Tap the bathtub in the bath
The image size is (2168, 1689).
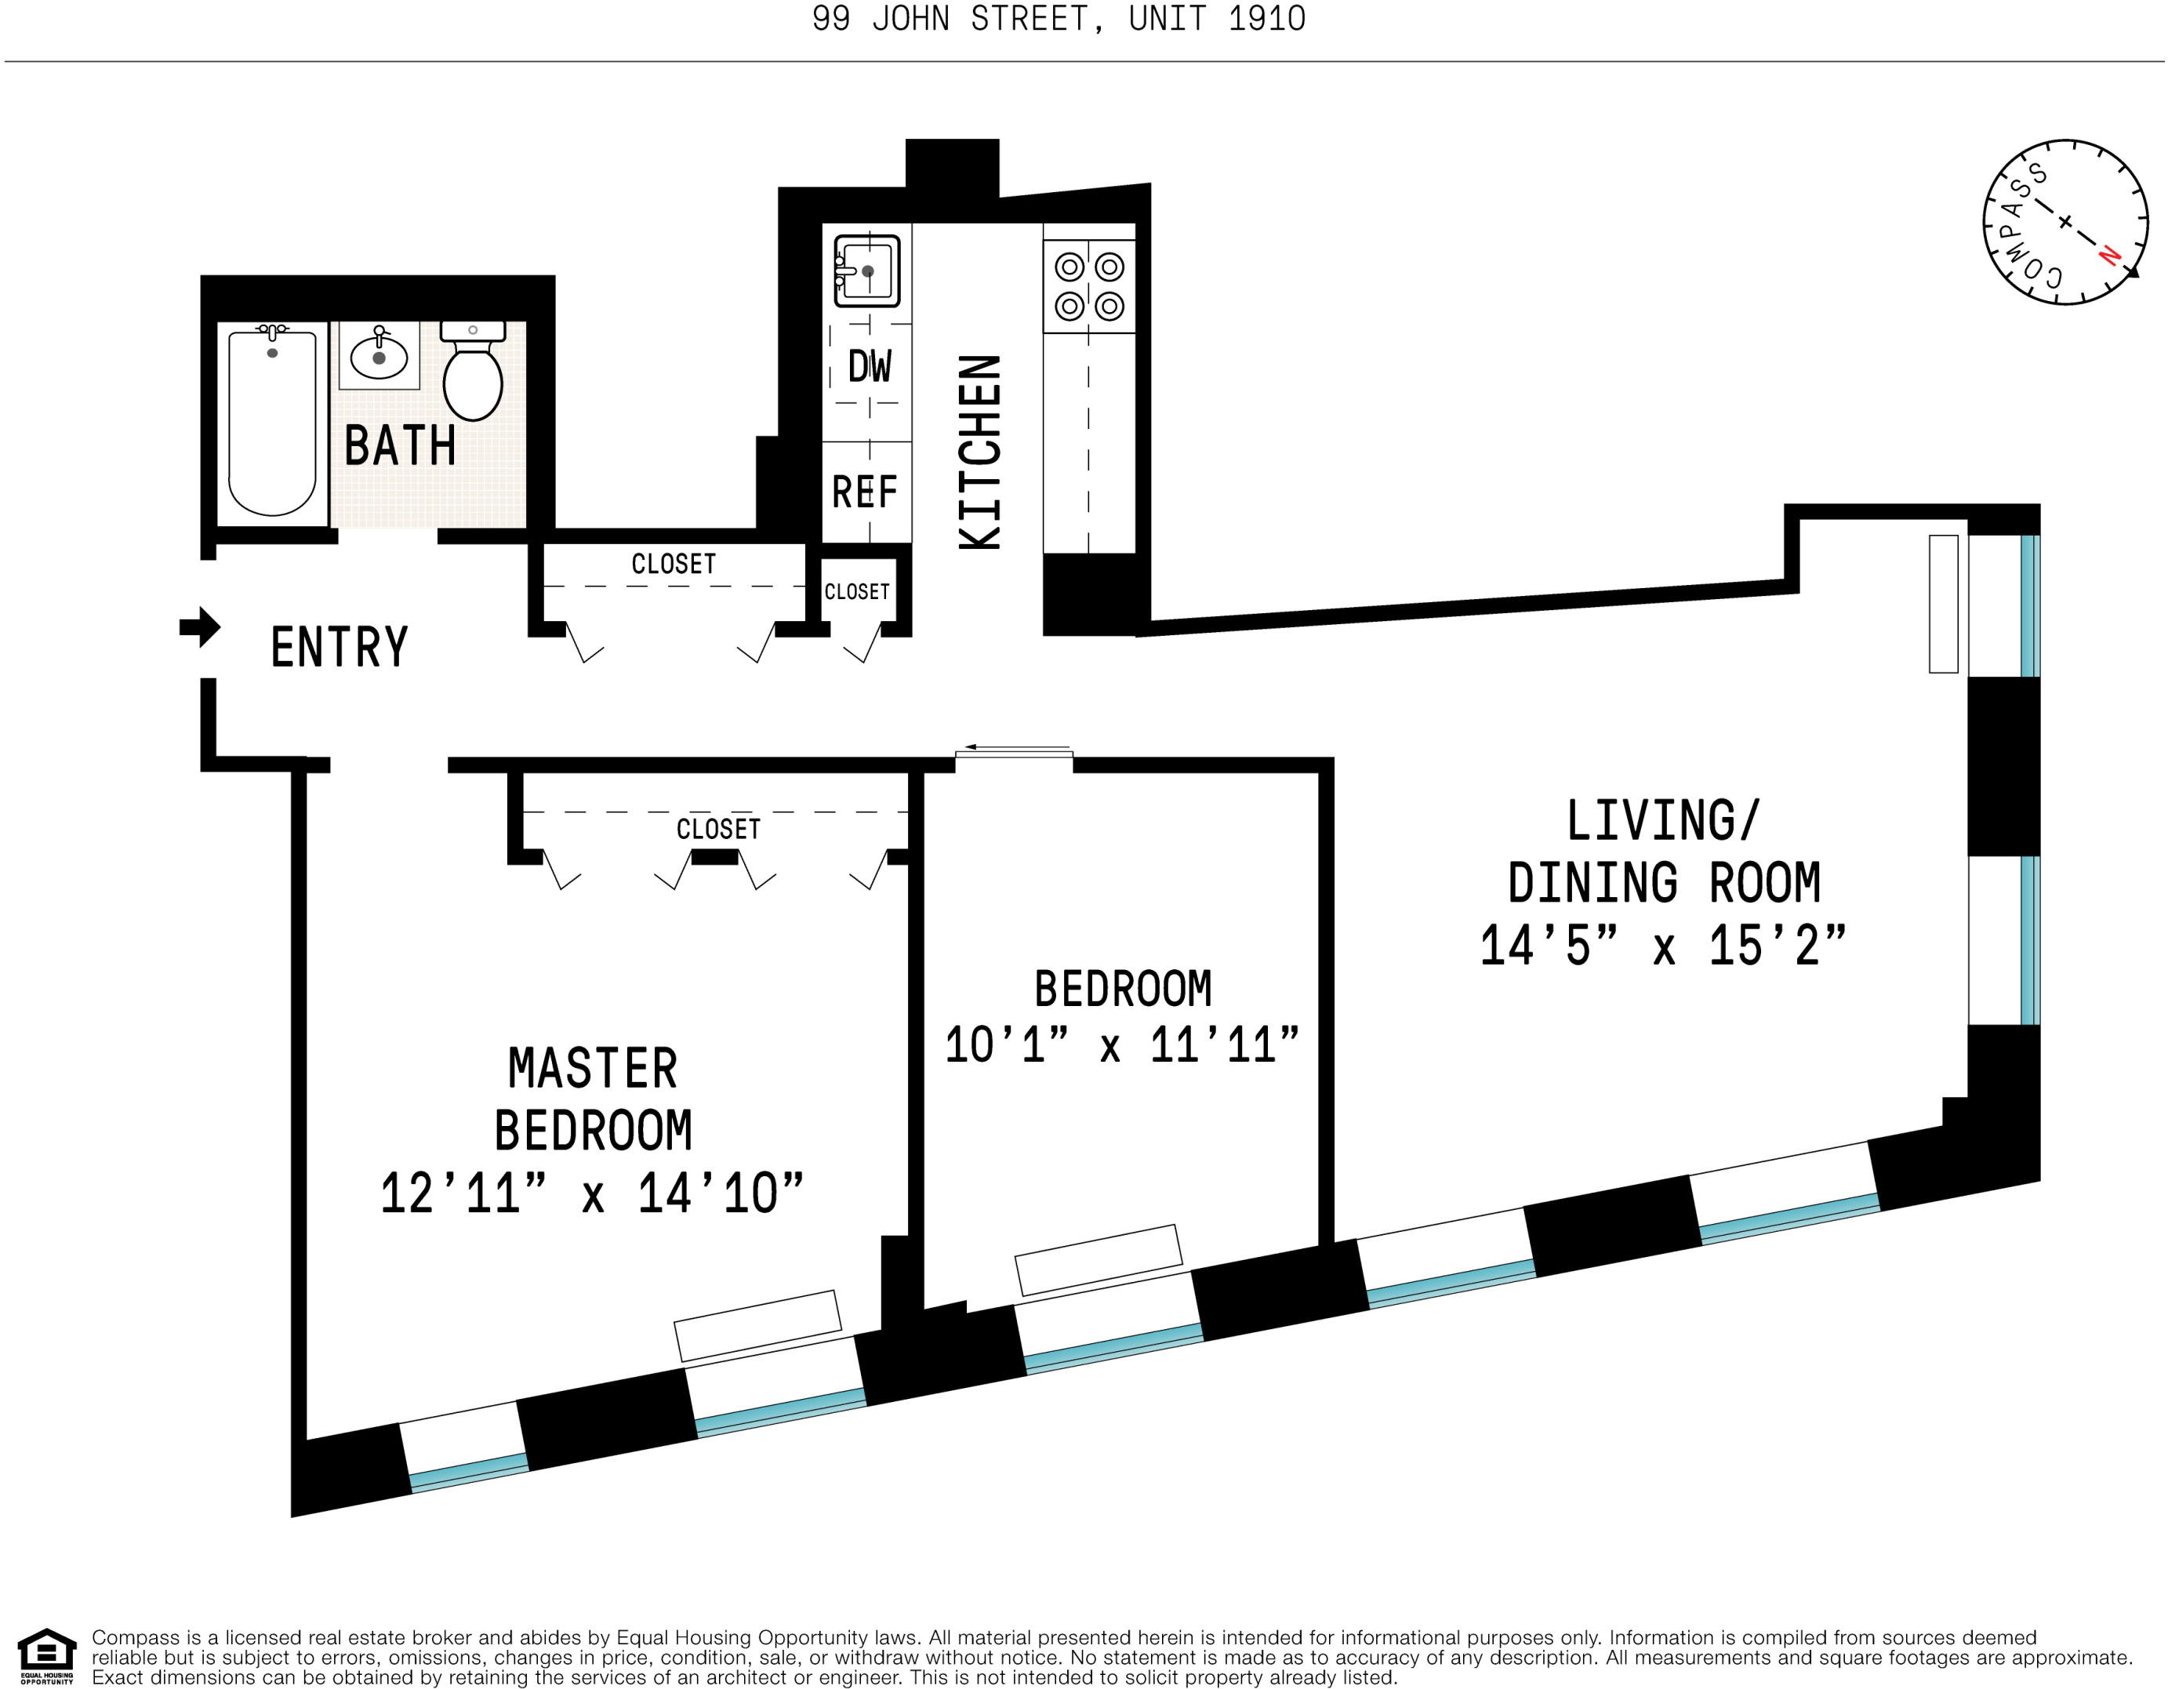click(x=272, y=423)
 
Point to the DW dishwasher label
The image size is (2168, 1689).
click(x=870, y=366)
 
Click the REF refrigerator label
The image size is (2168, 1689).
click(x=863, y=492)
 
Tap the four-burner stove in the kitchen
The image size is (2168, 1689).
click(x=1089, y=286)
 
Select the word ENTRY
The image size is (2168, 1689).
click(x=340, y=648)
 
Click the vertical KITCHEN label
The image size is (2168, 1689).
click(x=980, y=452)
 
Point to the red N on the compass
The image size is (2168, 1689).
click(x=2108, y=256)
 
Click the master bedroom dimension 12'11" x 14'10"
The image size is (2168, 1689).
click(x=592, y=1193)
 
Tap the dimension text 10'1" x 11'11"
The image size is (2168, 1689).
click(x=1122, y=1045)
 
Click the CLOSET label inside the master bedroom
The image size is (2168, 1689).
click(x=717, y=829)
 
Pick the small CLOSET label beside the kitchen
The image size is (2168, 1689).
click(x=857, y=592)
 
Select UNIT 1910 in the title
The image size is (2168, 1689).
click(x=1217, y=19)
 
